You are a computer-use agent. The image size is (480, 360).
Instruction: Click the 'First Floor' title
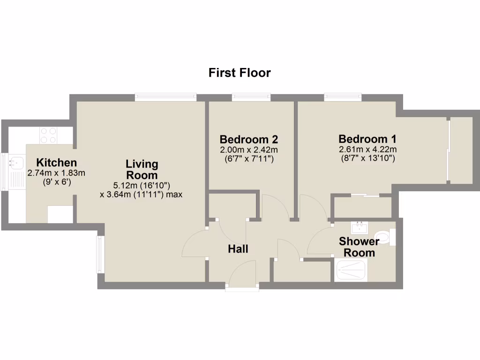click(240, 73)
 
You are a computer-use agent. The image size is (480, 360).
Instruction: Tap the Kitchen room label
click(56, 163)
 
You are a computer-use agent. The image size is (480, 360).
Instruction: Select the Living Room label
click(142, 170)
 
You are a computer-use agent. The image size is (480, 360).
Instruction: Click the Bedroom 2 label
click(249, 139)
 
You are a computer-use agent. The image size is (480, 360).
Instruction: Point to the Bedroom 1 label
click(367, 139)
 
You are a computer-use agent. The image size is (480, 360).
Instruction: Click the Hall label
click(238, 249)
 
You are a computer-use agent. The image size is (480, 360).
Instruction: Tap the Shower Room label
click(359, 247)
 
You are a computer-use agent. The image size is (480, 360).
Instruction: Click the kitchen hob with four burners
click(48, 135)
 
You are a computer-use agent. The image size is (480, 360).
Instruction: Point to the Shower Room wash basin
click(360, 227)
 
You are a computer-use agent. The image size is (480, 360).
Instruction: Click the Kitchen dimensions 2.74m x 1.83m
click(56, 173)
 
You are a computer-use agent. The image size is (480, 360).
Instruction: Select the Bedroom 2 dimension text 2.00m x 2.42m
click(249, 150)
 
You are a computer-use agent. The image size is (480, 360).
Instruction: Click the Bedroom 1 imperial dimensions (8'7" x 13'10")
click(367, 158)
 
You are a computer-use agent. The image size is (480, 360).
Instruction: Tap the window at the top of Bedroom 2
click(251, 97)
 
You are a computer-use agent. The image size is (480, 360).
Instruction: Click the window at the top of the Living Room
click(165, 97)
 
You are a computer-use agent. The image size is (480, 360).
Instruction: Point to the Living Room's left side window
click(100, 254)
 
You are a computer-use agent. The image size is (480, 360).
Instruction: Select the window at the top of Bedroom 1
click(343, 97)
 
